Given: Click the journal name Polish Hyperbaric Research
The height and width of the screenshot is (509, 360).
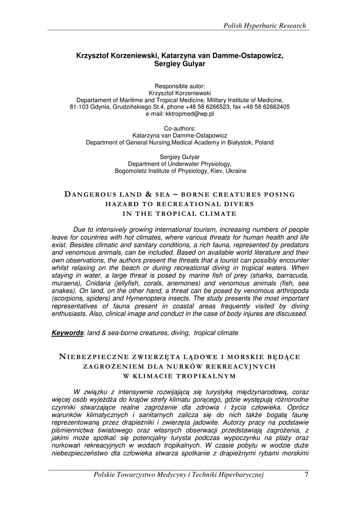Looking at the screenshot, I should pyautogui.click(x=265, y=25).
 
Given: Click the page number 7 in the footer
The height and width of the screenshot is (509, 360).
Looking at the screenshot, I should pyautogui.click(x=306, y=475).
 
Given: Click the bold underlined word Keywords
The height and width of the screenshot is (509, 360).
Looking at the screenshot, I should pyautogui.click(x=67, y=333).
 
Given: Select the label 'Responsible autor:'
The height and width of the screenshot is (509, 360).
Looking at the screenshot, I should pyautogui.click(x=180, y=86).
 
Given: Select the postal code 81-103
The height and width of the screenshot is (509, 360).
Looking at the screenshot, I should pyautogui.click(x=79, y=107).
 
